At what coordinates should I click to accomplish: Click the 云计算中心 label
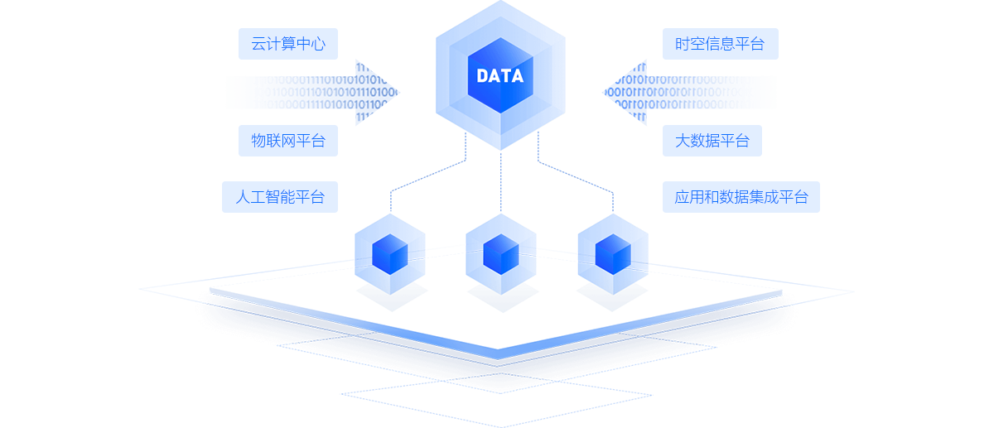click(287, 44)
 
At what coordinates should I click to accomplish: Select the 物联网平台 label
click(287, 141)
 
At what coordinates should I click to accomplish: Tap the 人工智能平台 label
click(279, 197)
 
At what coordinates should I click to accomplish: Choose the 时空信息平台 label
click(719, 44)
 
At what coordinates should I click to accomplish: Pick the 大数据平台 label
click(712, 141)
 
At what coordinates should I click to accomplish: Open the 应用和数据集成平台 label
click(741, 197)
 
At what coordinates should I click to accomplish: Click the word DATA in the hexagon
click(499, 76)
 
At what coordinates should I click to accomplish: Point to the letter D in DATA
click(482, 76)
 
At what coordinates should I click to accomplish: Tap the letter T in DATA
click(505, 76)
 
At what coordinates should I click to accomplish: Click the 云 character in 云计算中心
click(258, 44)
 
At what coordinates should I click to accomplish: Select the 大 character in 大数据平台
click(683, 141)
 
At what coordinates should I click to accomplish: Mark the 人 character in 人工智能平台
click(243, 197)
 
